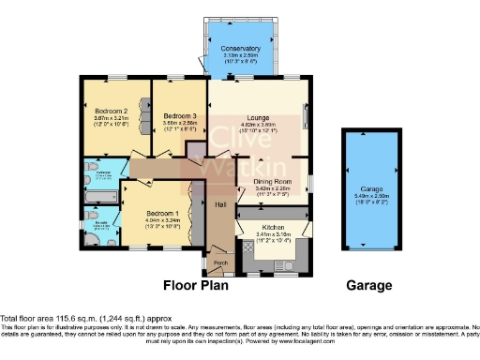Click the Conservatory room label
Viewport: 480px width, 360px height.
click(241, 48)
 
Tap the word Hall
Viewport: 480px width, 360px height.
click(221, 204)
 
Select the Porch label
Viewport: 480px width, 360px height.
click(220, 262)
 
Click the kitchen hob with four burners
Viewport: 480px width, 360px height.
click(248, 247)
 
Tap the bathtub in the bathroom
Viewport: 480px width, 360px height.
click(97, 197)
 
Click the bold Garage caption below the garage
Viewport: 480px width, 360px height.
click(368, 284)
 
